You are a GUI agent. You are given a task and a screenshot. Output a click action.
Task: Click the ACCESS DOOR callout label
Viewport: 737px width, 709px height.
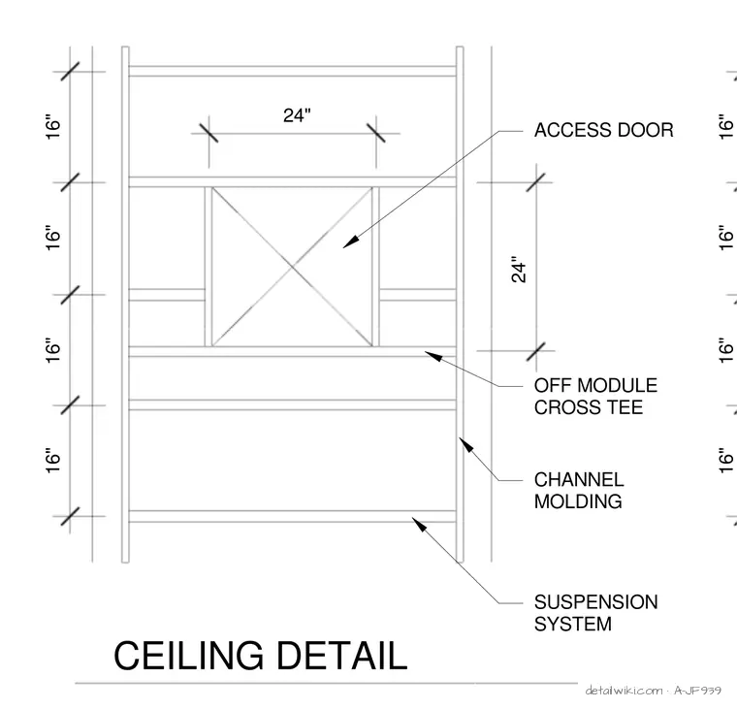pyautogui.click(x=603, y=130)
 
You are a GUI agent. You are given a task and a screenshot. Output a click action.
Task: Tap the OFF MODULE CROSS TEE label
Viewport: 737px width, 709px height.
pyautogui.click(x=595, y=397)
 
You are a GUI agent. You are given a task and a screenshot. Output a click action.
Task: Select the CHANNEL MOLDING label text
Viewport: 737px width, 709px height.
pyautogui.click(x=579, y=491)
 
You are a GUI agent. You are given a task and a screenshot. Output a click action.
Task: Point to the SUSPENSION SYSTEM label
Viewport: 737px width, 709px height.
pyautogui.click(x=596, y=613)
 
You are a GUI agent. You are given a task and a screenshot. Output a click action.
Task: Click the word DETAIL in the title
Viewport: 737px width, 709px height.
pyautogui.click(x=341, y=656)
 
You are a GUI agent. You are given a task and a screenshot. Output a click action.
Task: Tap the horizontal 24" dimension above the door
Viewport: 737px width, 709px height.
pyautogui.click(x=297, y=115)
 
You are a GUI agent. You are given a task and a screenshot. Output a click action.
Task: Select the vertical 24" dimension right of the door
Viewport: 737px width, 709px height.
pyautogui.click(x=519, y=269)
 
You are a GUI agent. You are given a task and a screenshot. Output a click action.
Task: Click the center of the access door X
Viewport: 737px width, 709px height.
pyautogui.click(x=292, y=267)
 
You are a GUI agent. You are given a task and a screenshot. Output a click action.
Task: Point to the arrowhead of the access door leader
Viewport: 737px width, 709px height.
pyautogui.click(x=349, y=242)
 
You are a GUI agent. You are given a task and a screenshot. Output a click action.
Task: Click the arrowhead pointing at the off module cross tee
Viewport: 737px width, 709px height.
pyautogui.click(x=433, y=356)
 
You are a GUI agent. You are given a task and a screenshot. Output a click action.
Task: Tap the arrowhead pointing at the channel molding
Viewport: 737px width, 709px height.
pyautogui.click(x=465, y=444)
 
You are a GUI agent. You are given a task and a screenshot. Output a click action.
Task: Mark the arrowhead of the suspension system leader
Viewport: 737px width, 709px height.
pyautogui.click(x=418, y=524)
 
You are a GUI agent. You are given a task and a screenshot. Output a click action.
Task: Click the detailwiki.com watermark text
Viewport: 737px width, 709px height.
pyautogui.click(x=625, y=691)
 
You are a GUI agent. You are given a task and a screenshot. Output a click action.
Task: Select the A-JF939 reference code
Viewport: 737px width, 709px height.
pyautogui.click(x=697, y=691)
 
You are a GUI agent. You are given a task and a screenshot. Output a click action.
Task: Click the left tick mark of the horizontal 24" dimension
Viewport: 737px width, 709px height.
pyautogui.click(x=208, y=133)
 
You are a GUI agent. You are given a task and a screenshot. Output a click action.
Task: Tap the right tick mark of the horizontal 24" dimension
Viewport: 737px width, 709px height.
pyautogui.click(x=376, y=133)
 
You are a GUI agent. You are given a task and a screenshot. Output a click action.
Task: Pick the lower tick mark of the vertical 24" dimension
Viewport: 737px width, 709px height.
pyautogui.click(x=536, y=351)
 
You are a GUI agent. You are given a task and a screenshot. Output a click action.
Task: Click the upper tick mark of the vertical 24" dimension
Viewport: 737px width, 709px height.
pyautogui.click(x=536, y=182)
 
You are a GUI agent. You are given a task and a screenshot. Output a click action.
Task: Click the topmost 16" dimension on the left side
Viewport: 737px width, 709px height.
pyautogui.click(x=53, y=126)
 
